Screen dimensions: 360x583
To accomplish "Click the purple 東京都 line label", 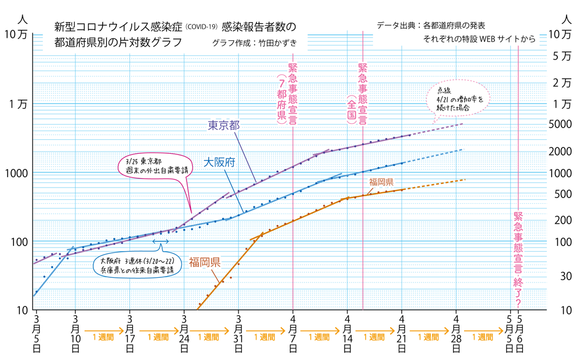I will click(224, 125).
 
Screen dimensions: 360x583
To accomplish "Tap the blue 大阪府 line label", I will click(219, 163).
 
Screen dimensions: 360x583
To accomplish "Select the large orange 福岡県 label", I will click(205, 262).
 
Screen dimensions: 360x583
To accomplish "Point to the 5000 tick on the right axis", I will click(560, 124).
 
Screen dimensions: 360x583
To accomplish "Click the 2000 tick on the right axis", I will click(560, 151).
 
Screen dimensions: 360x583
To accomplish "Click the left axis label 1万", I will click(19, 105).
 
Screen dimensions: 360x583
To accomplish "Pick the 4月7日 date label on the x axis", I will click(293, 333).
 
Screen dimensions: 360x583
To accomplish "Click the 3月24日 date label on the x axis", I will click(184, 333).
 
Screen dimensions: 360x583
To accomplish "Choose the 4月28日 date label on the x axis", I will click(456, 333).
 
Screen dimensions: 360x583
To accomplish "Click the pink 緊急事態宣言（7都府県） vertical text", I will click(287, 93).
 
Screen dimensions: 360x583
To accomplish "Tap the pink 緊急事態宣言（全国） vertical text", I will click(357, 93).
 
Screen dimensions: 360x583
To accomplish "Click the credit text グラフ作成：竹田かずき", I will click(255, 43).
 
